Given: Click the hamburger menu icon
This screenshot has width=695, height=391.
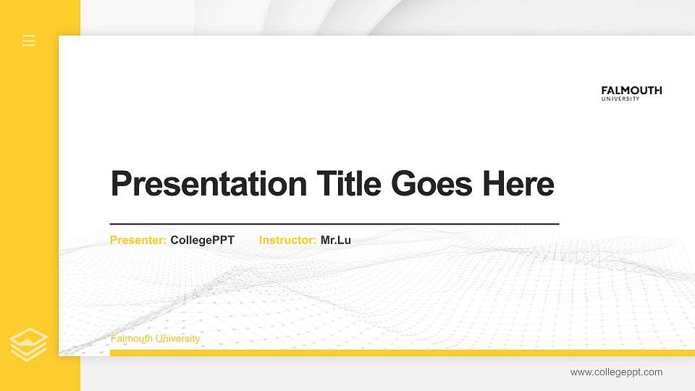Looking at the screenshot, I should pyautogui.click(x=29, y=41).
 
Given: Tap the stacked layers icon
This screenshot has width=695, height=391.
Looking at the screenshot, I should pyautogui.click(x=29, y=345).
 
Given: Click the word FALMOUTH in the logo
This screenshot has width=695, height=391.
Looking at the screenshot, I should pyautogui.click(x=631, y=91).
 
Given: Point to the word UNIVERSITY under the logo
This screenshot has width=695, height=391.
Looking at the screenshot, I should pyautogui.click(x=620, y=99).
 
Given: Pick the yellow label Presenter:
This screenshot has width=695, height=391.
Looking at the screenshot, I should pyautogui.click(x=138, y=240).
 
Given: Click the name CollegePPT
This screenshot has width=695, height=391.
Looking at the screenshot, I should pyautogui.click(x=203, y=240).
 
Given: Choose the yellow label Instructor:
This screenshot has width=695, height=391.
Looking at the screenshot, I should pyautogui.click(x=287, y=240).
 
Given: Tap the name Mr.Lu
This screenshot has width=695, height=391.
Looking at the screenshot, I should pyautogui.click(x=336, y=240).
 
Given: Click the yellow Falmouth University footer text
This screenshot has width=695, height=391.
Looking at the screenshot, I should pyautogui.click(x=155, y=339).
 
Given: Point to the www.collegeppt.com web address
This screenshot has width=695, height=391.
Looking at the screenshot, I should pyautogui.click(x=616, y=372).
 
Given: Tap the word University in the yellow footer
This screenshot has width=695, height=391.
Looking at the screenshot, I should pyautogui.click(x=178, y=339).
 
